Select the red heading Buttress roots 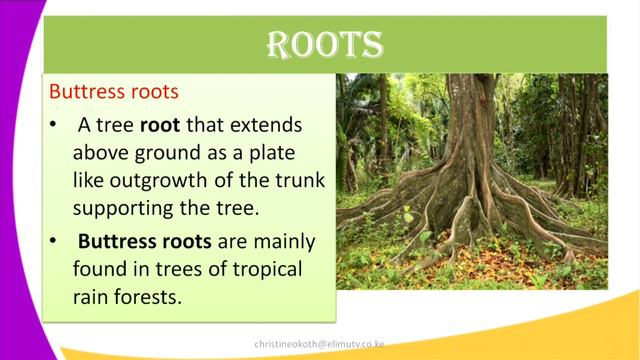(114, 91)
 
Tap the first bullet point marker (53, 129)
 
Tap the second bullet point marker (53, 242)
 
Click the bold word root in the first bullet (160, 128)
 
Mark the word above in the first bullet (102, 155)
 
